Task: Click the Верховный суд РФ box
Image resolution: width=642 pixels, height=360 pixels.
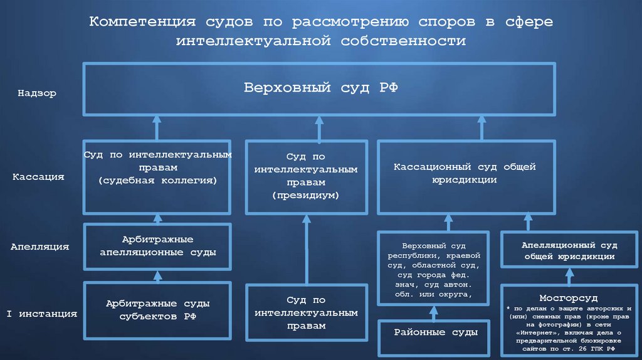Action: pos(320,88)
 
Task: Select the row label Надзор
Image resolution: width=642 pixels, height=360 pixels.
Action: pos(37,93)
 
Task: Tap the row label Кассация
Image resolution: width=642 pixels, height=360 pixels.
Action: pos(38,177)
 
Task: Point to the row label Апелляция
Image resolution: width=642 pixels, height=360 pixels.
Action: pos(39,247)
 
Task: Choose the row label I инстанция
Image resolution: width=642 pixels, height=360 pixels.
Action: pos(41,314)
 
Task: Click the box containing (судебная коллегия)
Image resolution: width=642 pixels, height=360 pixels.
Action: pos(157,177)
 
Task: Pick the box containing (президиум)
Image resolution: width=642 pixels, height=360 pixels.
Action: pos(305,177)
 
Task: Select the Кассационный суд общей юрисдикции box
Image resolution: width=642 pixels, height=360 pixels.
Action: pos(465,177)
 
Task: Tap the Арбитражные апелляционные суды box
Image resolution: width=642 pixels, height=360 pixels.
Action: pos(157,246)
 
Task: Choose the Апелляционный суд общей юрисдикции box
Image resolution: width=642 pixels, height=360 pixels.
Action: pos(569,251)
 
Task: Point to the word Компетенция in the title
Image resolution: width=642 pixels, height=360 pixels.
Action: pos(142,22)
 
